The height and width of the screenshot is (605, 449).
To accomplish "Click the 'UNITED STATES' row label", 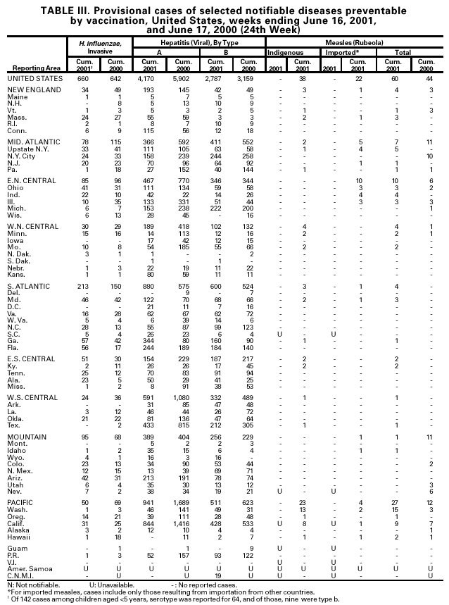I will [30, 77].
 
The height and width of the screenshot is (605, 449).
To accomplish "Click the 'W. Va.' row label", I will [20, 320].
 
